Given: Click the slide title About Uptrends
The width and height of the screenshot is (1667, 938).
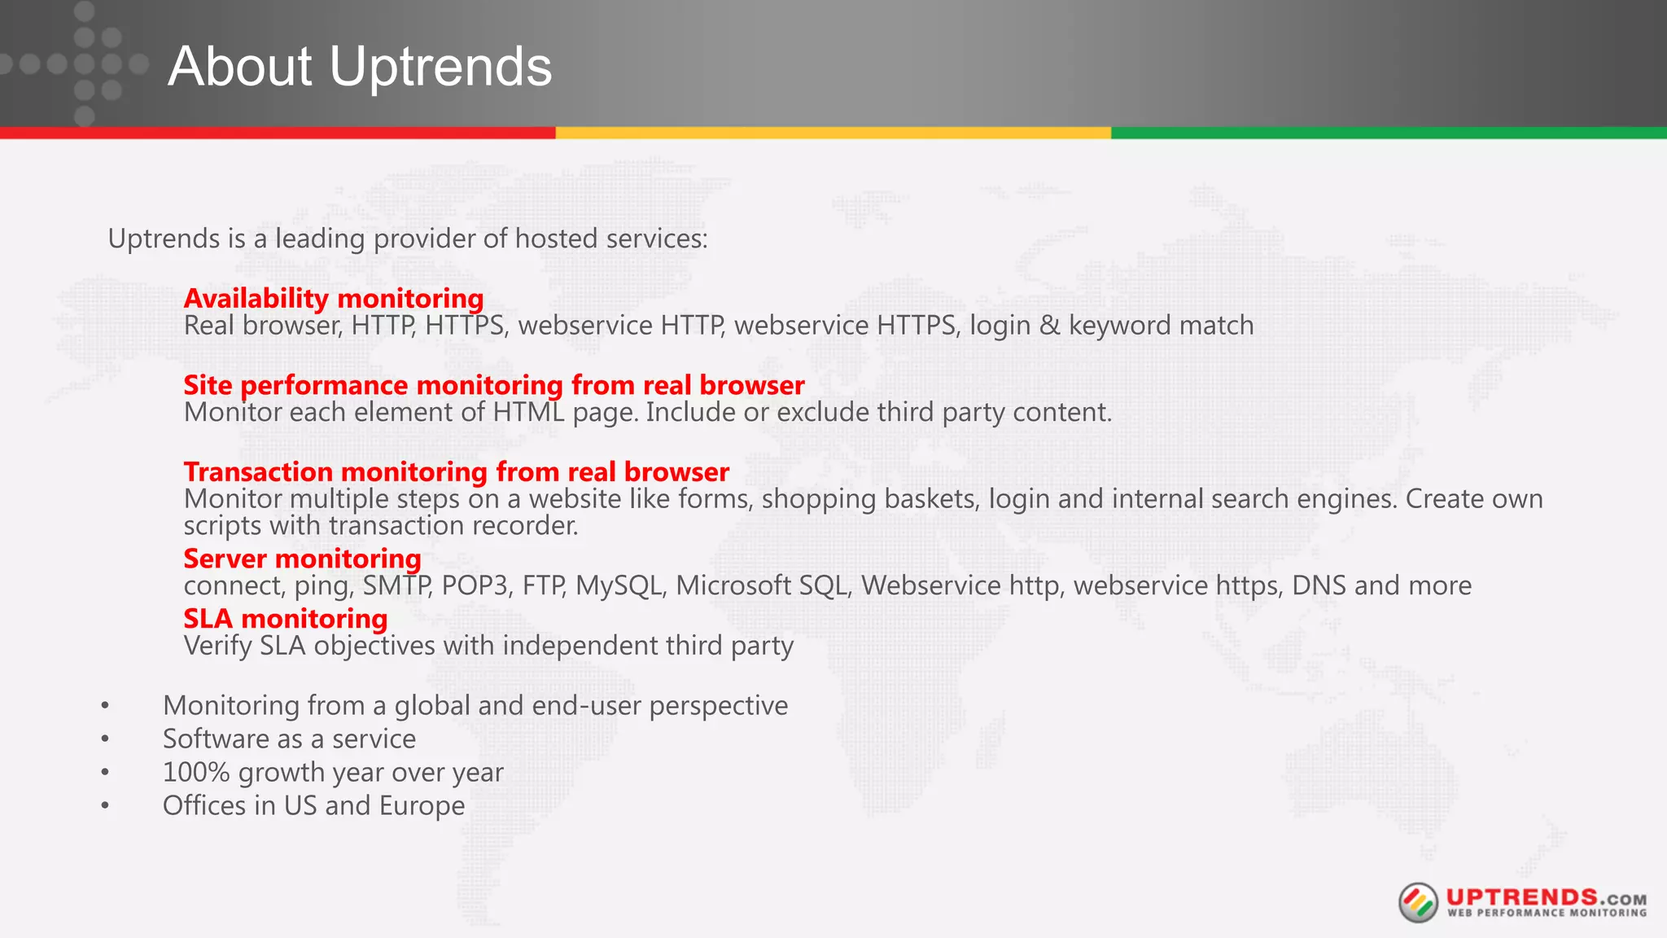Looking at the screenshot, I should coord(360,66).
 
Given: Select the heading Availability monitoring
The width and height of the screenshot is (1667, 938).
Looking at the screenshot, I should coord(334,299).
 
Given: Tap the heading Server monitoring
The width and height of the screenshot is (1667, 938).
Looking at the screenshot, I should coord(302,559).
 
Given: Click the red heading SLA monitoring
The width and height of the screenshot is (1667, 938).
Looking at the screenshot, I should coord(285,619).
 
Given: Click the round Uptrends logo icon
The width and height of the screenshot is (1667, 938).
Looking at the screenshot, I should coord(1418,902).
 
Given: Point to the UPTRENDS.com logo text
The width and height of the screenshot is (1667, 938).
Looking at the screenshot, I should coord(1546,897).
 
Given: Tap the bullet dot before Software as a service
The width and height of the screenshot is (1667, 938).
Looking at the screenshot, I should coord(105,739).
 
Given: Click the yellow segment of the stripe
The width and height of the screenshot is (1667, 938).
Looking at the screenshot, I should coord(833,133).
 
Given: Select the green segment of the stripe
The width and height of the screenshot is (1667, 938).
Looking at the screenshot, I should coord(1389,133).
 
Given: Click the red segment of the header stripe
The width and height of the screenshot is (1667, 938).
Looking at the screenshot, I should coord(278,133).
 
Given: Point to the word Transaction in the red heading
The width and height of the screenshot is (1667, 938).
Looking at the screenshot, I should coord(258,472).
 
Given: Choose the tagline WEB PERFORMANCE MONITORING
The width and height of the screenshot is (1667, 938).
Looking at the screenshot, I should coord(1547,914).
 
